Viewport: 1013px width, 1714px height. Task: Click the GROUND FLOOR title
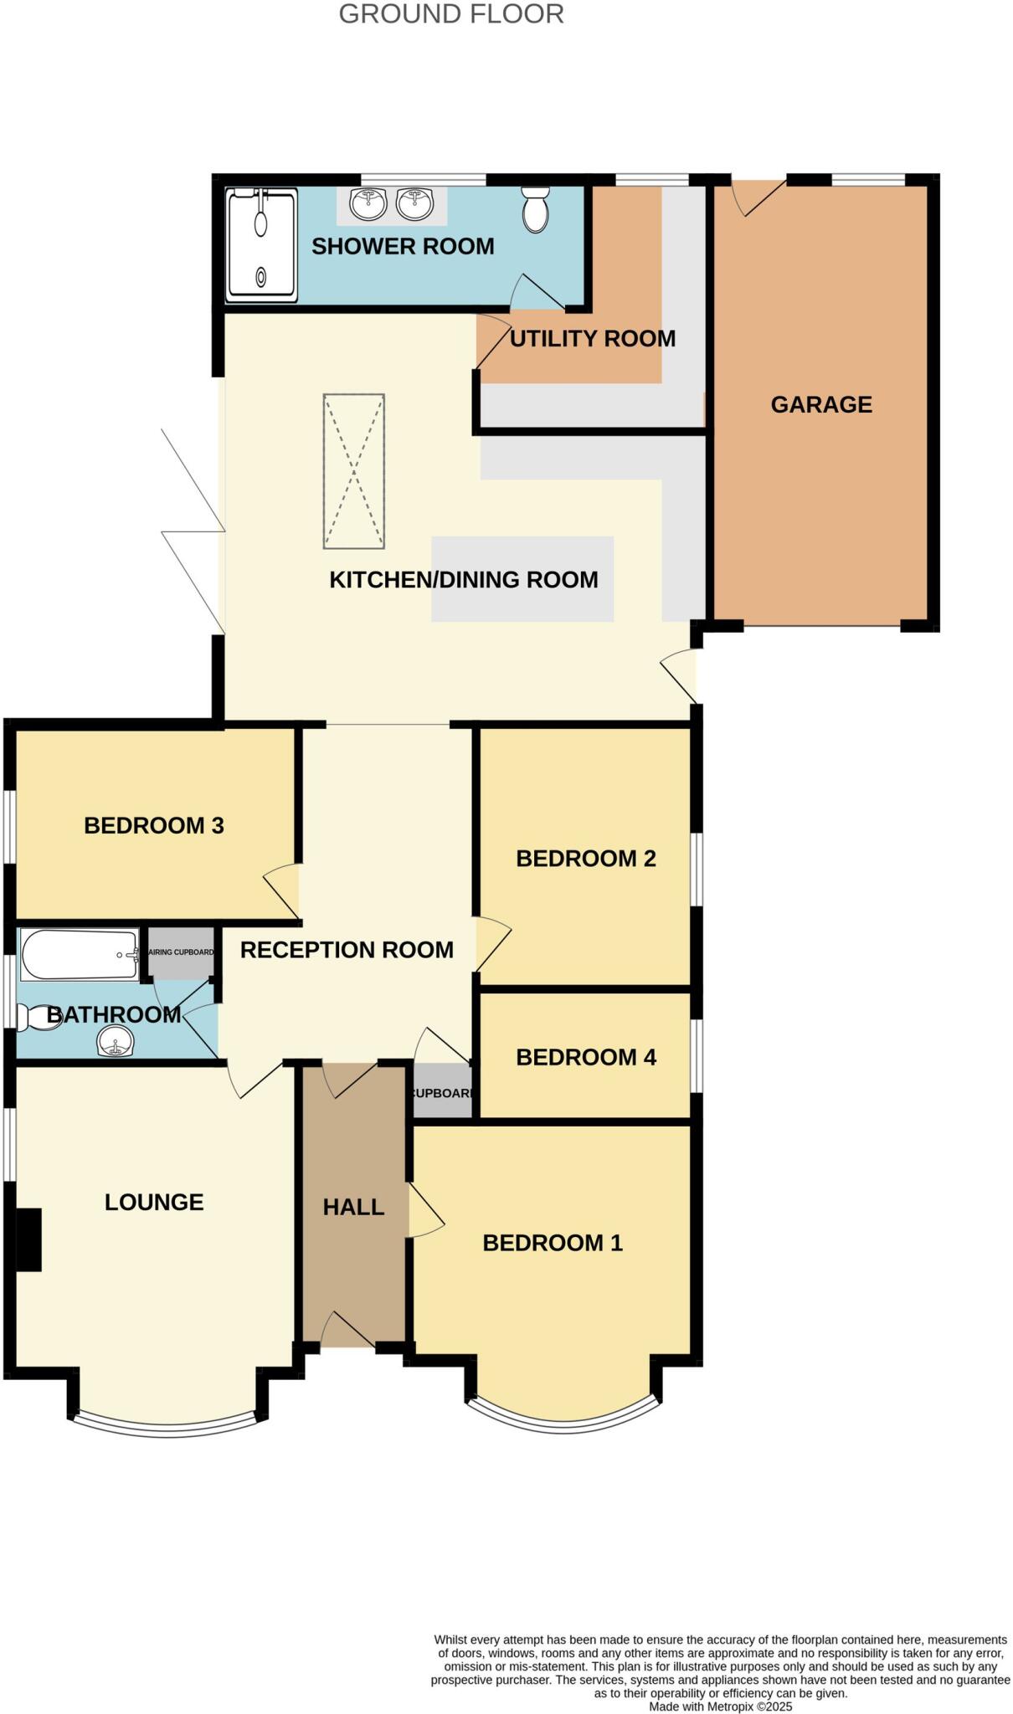(x=451, y=14)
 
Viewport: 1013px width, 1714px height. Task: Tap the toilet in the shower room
(x=535, y=209)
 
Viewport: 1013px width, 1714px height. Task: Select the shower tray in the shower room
(x=261, y=245)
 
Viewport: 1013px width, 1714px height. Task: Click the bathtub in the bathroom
(x=80, y=954)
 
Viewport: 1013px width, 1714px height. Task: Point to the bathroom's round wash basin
(x=115, y=1043)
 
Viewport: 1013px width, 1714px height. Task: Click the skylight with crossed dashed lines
(x=354, y=471)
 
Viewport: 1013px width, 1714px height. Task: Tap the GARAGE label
(x=821, y=405)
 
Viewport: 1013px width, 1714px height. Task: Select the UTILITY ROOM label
(x=592, y=339)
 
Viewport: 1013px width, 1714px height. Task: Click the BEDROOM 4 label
(x=585, y=1057)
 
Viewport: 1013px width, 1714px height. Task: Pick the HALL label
(x=353, y=1207)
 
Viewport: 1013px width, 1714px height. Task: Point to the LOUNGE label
(x=154, y=1203)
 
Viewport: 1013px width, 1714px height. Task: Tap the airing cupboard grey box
(x=181, y=952)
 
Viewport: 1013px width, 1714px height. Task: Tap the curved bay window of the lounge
(x=167, y=1429)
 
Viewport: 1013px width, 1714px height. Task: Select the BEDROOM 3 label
(x=154, y=826)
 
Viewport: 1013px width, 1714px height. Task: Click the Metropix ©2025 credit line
(x=720, y=1706)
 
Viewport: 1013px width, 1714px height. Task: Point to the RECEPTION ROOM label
(x=347, y=950)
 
